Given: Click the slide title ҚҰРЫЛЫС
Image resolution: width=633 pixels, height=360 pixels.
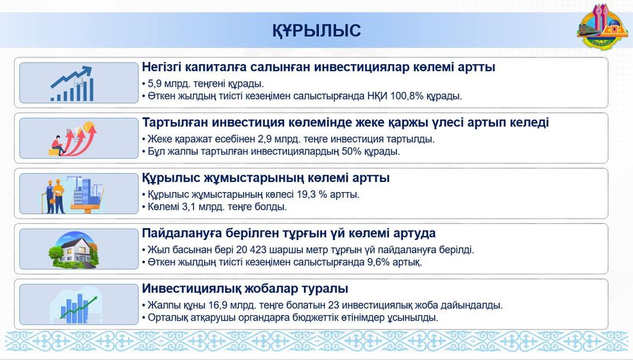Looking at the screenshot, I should coord(316,31).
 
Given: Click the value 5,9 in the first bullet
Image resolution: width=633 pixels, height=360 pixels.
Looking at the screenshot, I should coord(154,84).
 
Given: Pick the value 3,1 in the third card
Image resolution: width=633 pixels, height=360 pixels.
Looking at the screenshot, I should coord(186,206).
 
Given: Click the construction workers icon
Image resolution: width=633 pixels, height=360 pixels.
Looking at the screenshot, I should coord(71,194).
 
